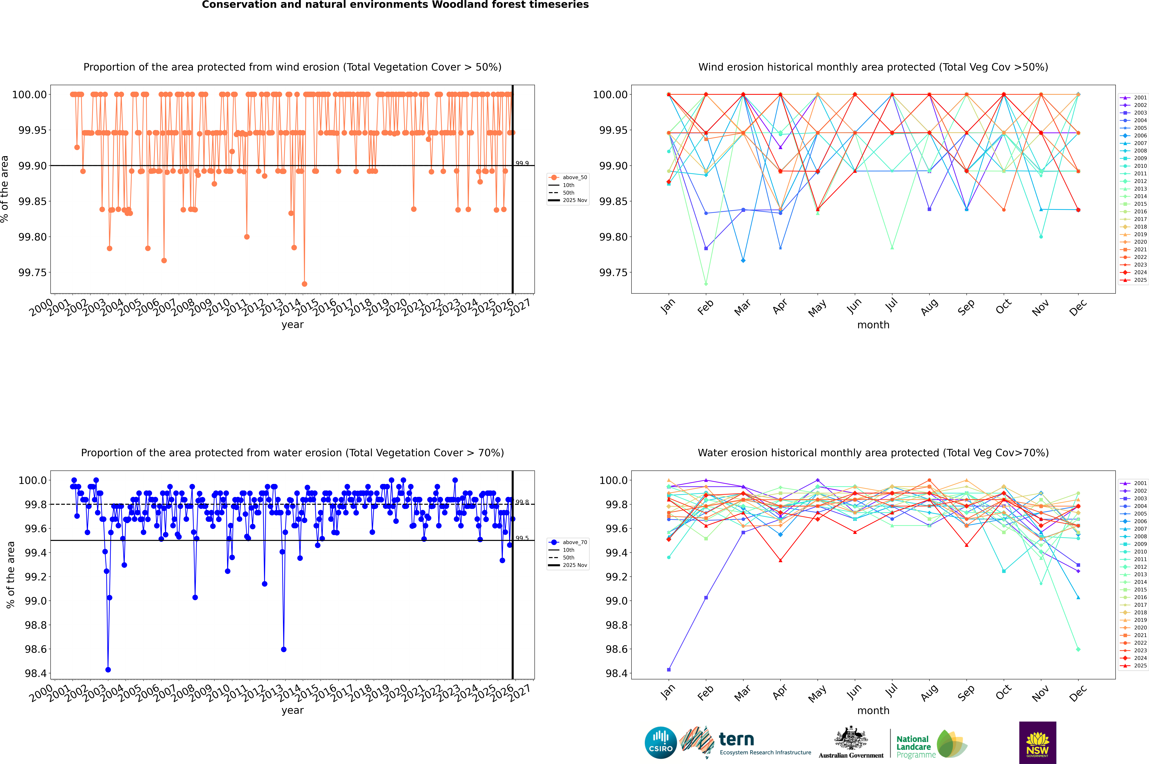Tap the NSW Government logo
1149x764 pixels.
pos(1037,743)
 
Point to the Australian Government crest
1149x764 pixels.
pos(851,743)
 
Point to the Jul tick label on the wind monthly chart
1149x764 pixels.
pos(891,305)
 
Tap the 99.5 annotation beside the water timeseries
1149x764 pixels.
pos(522,538)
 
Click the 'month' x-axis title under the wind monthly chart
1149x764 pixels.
pos(873,325)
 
